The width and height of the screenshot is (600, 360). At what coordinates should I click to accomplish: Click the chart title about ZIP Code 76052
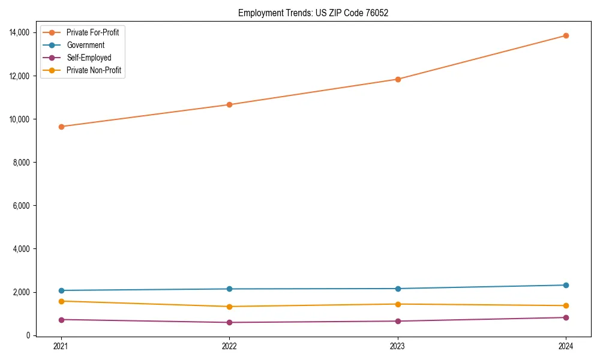(x=313, y=13)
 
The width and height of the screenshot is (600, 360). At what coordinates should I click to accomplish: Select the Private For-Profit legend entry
(x=92, y=32)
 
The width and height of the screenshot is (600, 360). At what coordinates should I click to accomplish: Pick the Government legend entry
(x=85, y=45)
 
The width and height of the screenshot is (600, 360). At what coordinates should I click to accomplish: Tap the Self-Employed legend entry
(x=89, y=58)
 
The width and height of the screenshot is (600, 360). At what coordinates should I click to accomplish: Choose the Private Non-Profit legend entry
(x=94, y=70)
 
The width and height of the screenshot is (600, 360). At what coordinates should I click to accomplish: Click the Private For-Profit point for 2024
(x=566, y=35)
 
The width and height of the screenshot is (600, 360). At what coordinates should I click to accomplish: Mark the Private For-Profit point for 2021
(x=61, y=127)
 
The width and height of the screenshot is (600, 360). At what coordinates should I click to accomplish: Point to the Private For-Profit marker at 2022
(x=229, y=104)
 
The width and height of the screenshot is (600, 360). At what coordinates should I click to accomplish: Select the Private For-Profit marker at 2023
(x=398, y=79)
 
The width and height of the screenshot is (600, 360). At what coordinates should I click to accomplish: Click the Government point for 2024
(x=566, y=285)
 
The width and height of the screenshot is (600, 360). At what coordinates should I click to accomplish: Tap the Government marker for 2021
(x=61, y=290)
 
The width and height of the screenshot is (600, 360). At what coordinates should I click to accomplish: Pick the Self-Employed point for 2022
(x=229, y=322)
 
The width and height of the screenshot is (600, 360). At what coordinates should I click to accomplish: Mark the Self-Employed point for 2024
(x=566, y=317)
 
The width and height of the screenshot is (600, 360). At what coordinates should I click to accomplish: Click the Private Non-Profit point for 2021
(x=61, y=301)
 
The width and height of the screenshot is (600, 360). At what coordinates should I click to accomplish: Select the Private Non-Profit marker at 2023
(x=398, y=304)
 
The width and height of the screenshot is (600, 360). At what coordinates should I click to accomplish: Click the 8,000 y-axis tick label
(x=25, y=163)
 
